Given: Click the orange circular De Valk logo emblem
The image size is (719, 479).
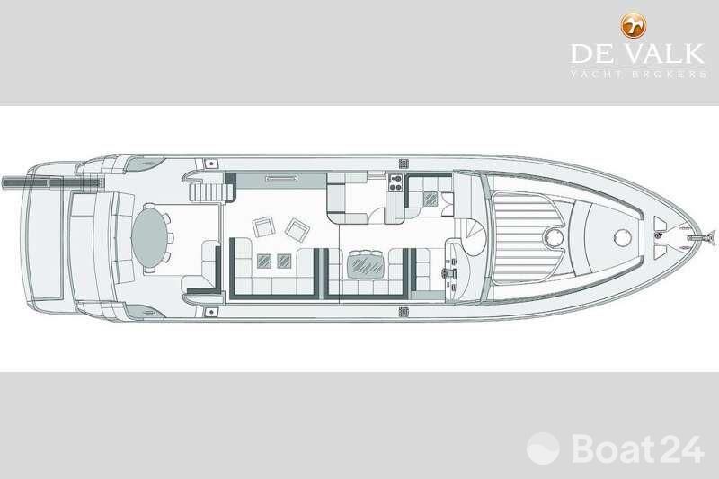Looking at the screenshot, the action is coord(634,26).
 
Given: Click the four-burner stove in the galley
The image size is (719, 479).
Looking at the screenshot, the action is coord(395,182).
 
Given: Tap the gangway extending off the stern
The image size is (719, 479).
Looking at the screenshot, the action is coord(51,183).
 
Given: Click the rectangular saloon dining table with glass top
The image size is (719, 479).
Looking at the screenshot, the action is coord(365,266).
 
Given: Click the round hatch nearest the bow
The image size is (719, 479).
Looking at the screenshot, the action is coord(622,237).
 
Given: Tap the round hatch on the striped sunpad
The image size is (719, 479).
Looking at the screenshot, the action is coord(553,237).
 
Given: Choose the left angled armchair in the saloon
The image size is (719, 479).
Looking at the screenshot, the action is coord(263,226).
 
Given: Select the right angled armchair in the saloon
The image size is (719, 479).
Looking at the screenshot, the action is coord(297,229).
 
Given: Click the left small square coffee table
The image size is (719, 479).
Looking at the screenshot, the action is coord(263,261).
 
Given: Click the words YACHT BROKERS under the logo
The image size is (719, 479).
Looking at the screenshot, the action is coord(638,74).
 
